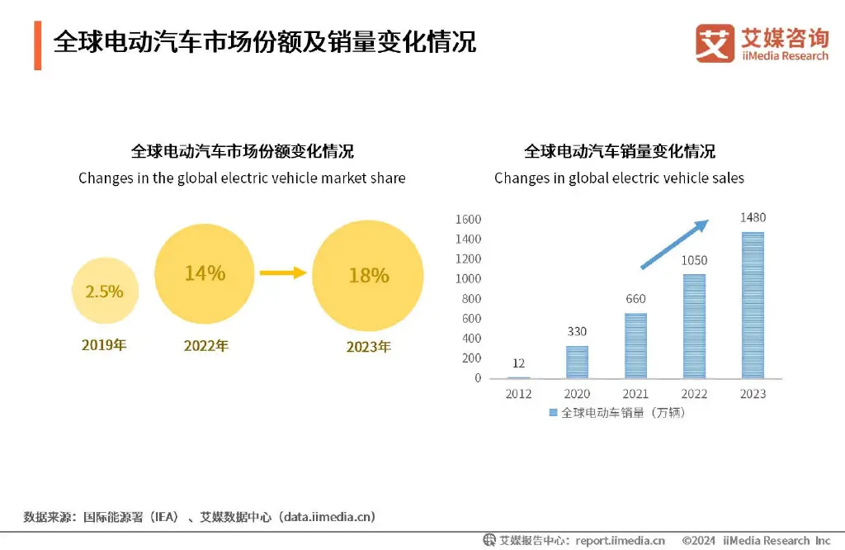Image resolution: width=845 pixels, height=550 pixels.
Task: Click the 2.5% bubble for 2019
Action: [x=104, y=291]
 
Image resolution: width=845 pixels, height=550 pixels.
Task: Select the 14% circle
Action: [x=205, y=273]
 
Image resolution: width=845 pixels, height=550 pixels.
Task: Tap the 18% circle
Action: [x=368, y=275]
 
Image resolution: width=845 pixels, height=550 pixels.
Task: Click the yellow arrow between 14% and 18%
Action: [x=283, y=273]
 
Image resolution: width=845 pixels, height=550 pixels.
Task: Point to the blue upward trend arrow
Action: [x=675, y=244]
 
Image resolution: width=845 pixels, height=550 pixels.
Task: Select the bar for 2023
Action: [x=753, y=305]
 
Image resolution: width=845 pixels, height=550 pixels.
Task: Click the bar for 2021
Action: [x=635, y=345]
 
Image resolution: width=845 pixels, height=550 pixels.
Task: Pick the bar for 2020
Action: [x=577, y=362]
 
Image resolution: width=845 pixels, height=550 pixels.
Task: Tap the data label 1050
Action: [x=694, y=260]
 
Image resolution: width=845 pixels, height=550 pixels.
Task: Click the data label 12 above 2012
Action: [x=518, y=363]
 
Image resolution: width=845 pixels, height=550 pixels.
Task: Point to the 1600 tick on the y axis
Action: [x=467, y=220]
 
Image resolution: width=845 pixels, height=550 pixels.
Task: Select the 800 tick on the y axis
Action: [x=471, y=299]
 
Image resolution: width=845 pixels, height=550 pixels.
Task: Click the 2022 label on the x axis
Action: [x=694, y=394]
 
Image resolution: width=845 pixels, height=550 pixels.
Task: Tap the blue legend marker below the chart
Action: [x=553, y=412]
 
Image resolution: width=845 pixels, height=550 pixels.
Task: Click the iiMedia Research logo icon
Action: [x=715, y=43]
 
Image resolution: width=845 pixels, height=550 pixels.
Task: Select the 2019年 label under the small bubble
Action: [x=104, y=344]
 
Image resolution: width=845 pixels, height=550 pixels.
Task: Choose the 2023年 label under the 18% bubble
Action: [x=368, y=347]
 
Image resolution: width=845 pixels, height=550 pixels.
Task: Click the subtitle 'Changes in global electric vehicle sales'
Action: [x=619, y=178]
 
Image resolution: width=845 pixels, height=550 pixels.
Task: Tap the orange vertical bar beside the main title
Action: [x=37, y=45]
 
